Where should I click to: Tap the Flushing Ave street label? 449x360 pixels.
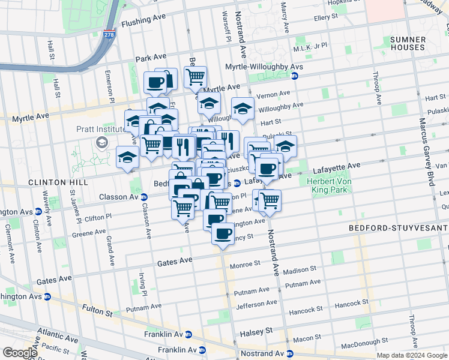pyautogui.click(x=142, y=23)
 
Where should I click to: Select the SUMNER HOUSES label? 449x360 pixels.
pyautogui.click(x=408, y=43)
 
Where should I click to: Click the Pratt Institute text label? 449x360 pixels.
pyautogui.click(x=100, y=128)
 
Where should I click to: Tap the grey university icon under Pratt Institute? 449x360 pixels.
pyautogui.click(x=101, y=142)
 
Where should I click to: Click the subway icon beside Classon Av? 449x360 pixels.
pyautogui.click(x=144, y=197)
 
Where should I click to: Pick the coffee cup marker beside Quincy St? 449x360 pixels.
pyautogui.click(x=223, y=233)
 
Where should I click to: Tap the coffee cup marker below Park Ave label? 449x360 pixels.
pyautogui.click(x=155, y=82)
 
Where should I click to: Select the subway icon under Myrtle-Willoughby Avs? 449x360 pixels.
pyautogui.click(x=294, y=76)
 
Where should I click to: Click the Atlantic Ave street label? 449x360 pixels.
pyautogui.click(x=58, y=331)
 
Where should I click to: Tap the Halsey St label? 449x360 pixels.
pyautogui.click(x=256, y=331)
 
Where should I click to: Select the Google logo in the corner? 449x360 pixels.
pyautogui.click(x=19, y=353)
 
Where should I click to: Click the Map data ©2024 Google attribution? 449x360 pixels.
pyautogui.click(x=411, y=355)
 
